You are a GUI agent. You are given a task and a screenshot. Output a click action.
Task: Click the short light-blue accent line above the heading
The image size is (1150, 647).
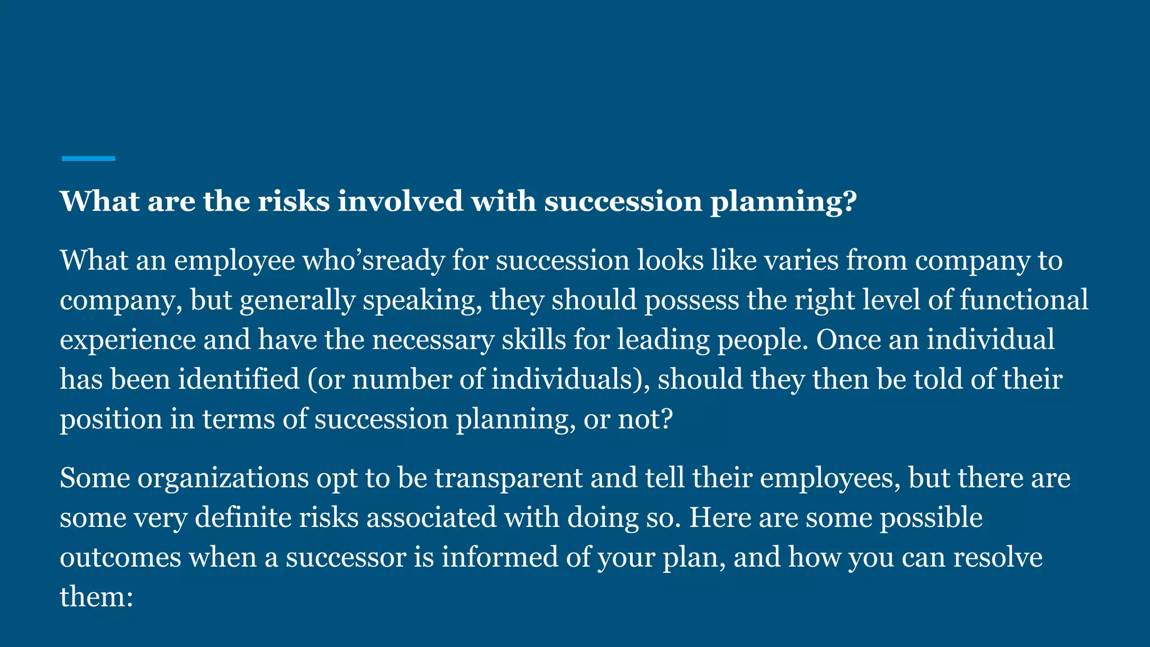tap(88, 159)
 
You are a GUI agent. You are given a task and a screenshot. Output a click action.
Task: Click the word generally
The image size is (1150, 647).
tap(297, 300)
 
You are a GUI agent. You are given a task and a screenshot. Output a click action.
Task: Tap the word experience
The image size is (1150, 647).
tap(127, 340)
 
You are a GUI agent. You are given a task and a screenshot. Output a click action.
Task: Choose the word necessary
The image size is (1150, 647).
tap(432, 340)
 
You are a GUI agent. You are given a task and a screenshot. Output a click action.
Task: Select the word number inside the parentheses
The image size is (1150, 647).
tap(401, 379)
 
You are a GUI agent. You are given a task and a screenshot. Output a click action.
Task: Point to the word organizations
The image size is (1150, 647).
tap(223, 479)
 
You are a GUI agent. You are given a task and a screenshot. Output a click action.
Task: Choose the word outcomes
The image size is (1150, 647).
tap(120, 557)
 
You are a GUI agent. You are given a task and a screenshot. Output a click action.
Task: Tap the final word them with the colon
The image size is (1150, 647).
tap(96, 596)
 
